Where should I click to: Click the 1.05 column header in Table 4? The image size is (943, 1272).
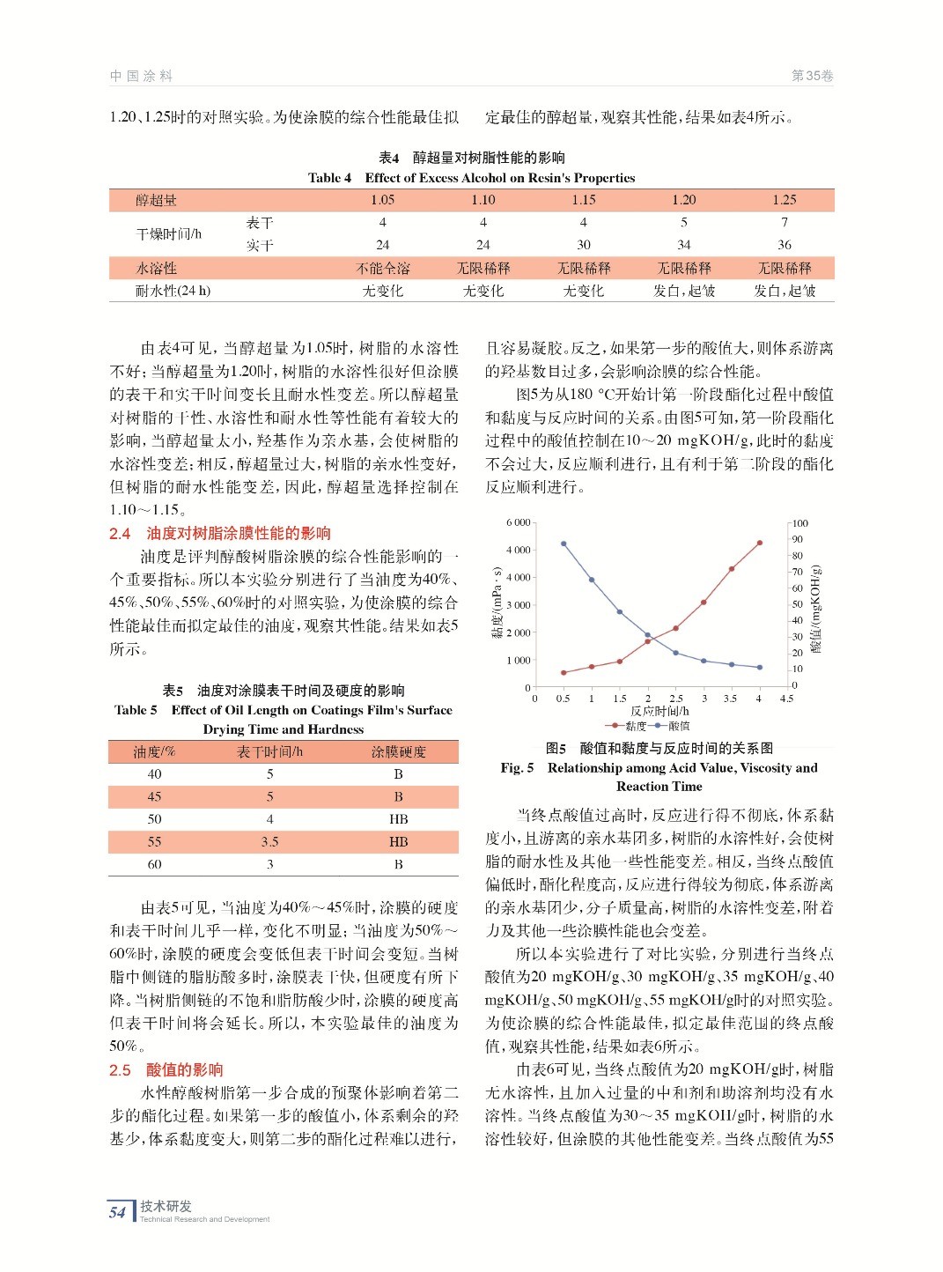[x=382, y=200]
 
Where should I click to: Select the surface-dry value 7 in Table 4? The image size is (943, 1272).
[x=784, y=223]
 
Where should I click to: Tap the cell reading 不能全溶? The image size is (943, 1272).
[x=382, y=268]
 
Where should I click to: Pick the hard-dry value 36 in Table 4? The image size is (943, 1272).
[x=784, y=245]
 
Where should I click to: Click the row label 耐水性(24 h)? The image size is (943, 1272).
[x=173, y=291]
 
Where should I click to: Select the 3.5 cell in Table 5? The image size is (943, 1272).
[x=269, y=842]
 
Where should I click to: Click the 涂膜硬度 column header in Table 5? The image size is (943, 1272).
[x=398, y=751]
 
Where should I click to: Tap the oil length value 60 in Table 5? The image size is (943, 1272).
[x=155, y=865]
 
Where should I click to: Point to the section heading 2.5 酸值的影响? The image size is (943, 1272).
[x=166, y=1070]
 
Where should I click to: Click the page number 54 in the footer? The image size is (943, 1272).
[x=118, y=1212]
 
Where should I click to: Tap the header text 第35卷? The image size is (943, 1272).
[x=812, y=76]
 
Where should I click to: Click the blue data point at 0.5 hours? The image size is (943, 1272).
[x=564, y=544]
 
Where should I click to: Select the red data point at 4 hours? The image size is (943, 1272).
[x=759, y=543]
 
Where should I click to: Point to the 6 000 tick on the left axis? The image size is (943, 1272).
[x=518, y=522]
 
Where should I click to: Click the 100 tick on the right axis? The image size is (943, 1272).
[x=799, y=523]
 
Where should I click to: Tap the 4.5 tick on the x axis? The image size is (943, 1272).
[x=786, y=699]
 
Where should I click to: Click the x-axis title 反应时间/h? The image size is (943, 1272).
[x=659, y=711]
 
